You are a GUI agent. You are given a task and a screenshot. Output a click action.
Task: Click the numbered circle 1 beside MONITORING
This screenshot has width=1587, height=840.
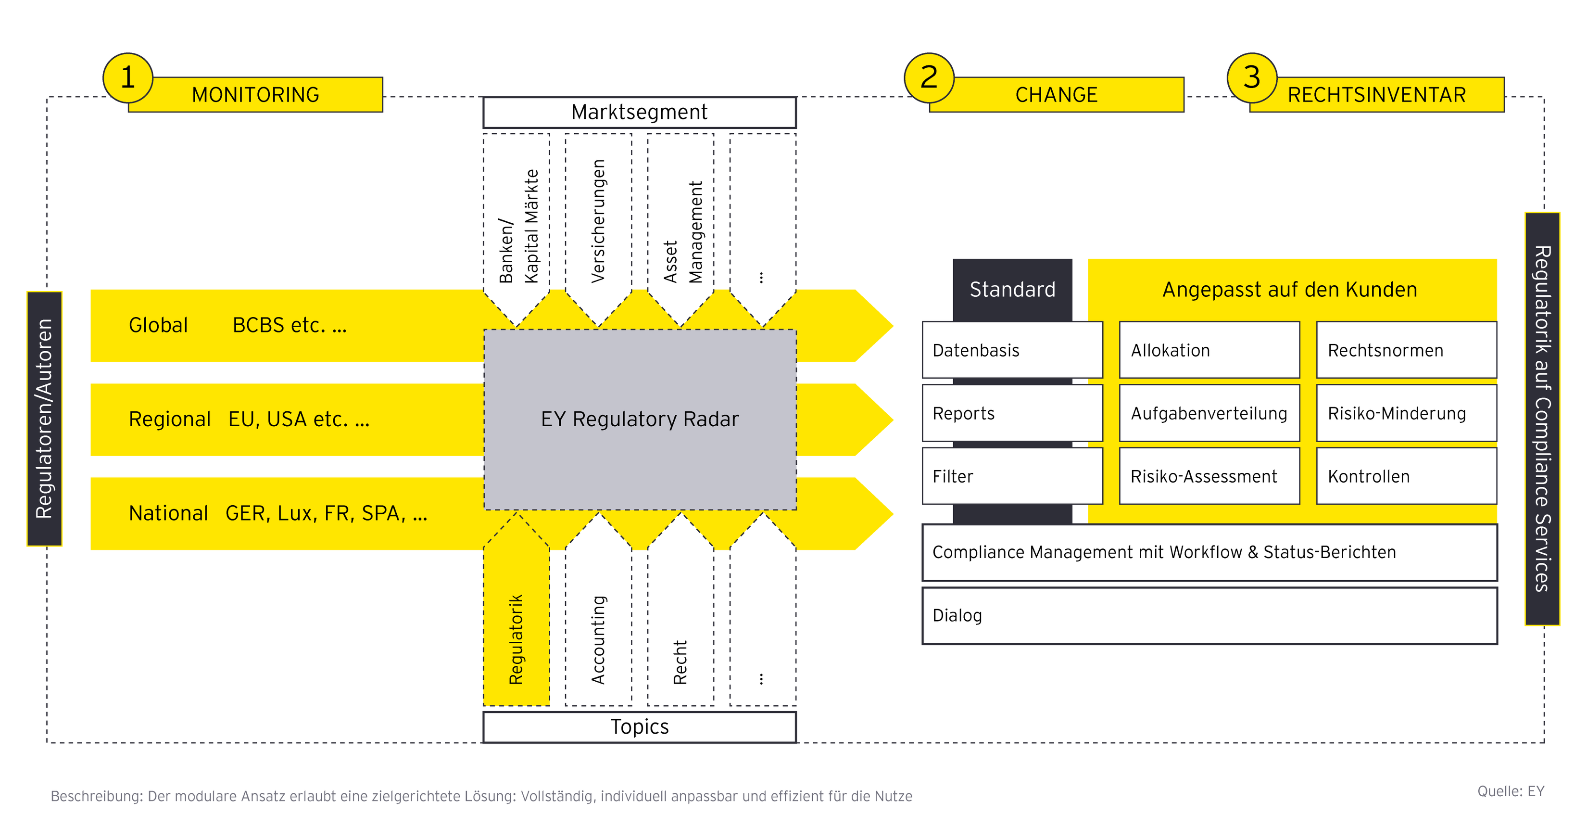coord(127,77)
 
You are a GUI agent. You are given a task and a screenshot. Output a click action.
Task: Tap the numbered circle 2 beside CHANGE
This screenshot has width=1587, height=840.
coord(929,77)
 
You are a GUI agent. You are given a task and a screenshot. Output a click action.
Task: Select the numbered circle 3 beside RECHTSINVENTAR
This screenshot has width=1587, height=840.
coord(1252,77)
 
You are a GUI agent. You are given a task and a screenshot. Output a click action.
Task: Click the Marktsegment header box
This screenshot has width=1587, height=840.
coord(640,112)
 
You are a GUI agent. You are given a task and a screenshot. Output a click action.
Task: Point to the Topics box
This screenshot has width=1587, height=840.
coord(640,726)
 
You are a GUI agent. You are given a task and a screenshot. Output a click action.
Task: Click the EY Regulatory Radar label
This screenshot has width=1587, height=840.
coord(640,419)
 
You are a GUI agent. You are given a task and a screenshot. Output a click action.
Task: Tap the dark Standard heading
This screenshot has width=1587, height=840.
coord(1012,289)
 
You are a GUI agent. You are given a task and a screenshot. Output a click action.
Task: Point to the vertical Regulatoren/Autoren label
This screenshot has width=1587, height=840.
coord(44,419)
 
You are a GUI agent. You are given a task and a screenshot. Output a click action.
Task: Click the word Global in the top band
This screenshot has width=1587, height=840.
coord(158,325)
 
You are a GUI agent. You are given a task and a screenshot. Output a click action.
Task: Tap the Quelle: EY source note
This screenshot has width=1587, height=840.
coord(1510,791)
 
